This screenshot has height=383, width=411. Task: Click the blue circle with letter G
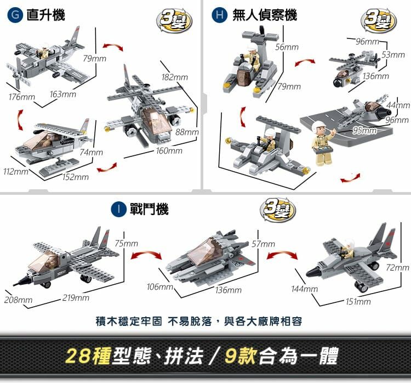pyautogui.click(x=15, y=15)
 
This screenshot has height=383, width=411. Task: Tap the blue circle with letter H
pyautogui.click(x=219, y=15)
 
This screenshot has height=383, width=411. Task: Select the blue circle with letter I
pyautogui.click(x=119, y=210)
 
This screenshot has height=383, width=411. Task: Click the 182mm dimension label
pyautogui.click(x=175, y=77)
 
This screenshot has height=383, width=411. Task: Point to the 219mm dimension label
pyautogui.click(x=76, y=298)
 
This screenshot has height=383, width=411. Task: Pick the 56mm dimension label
pyautogui.click(x=287, y=47)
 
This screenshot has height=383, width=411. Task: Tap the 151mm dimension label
pyautogui.click(x=358, y=302)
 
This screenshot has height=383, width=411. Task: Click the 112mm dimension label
pyautogui.click(x=16, y=172)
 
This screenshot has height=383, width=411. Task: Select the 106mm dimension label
pyautogui.click(x=160, y=286)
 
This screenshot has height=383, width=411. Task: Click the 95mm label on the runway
pyautogui.click(x=364, y=131)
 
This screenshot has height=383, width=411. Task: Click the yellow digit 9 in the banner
pyautogui.click(x=231, y=356)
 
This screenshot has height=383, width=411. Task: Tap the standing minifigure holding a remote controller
pyautogui.click(x=322, y=143)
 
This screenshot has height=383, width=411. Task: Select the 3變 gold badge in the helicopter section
pyautogui.click(x=174, y=21)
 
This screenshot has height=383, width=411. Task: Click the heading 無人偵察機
pyautogui.click(x=265, y=15)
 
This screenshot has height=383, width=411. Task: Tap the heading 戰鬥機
pyautogui.click(x=149, y=210)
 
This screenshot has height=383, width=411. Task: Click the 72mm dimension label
pyautogui.click(x=397, y=267)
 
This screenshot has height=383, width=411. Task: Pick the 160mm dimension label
pyautogui.click(x=169, y=151)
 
